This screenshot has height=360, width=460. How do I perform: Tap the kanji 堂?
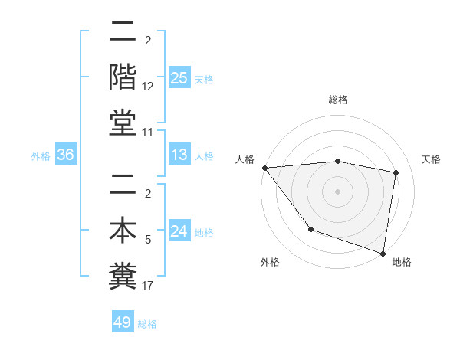pos(123,123)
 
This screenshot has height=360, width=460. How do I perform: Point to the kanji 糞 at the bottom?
pos(123,276)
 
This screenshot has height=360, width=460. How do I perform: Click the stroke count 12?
pos(148,87)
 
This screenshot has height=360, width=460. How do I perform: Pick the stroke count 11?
pos(148,132)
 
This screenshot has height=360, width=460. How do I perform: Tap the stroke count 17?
pos(148,286)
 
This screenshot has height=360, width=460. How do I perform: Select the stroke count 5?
pos(148,241)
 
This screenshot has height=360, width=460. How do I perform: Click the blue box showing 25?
pos(179,78)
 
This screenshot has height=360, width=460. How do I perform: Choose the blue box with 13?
pos(179,155)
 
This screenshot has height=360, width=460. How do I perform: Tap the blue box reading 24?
pos(179,232)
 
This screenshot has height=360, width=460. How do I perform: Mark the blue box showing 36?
pos(66,155)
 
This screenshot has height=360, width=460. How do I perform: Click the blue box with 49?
pos(123,322)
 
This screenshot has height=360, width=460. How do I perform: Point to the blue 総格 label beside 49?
pos(147,324)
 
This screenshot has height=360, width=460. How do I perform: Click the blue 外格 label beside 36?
pos(41,156)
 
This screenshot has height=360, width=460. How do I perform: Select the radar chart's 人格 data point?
pos(264,168)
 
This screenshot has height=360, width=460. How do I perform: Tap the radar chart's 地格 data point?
pos(383,252)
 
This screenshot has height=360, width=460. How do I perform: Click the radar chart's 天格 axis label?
pos(432,159)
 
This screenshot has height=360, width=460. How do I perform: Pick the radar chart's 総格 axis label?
pos(337,100)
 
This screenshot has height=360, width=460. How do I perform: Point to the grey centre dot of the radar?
pos(337,191)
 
